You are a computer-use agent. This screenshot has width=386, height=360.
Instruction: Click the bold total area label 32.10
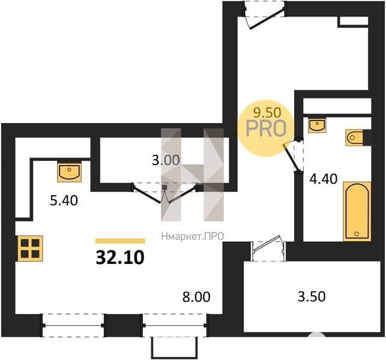click(x=120, y=257)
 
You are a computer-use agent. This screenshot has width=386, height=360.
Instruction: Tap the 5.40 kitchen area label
click(x=64, y=200)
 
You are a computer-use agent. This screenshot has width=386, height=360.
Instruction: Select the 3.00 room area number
click(x=166, y=160)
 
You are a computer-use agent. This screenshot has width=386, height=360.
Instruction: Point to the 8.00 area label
click(x=196, y=297)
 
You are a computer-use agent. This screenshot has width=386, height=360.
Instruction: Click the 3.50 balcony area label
click(x=312, y=296)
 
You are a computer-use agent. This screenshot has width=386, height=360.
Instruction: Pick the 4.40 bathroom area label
click(x=323, y=179)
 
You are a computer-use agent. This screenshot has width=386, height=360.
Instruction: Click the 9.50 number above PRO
click(x=267, y=113)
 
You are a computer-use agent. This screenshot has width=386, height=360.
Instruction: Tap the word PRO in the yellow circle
click(x=266, y=128)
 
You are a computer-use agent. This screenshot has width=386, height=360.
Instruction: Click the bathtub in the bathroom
click(x=357, y=211)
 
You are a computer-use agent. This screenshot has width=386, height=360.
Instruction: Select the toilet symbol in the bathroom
click(x=355, y=137)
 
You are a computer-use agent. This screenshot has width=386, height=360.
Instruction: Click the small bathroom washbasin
click(x=317, y=125)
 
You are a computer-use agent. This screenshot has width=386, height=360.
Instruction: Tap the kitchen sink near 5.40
click(x=69, y=171)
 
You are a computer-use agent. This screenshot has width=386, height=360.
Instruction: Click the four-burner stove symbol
click(x=30, y=248)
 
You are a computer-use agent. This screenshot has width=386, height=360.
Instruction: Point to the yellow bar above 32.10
click(x=120, y=241)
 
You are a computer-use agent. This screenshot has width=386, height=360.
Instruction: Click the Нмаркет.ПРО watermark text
click(x=193, y=236)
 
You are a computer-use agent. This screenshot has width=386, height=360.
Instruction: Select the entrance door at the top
click(x=265, y=16)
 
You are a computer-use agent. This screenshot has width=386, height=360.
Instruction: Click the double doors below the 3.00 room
click(x=164, y=193)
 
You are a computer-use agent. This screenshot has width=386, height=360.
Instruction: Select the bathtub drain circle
click(x=357, y=233)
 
